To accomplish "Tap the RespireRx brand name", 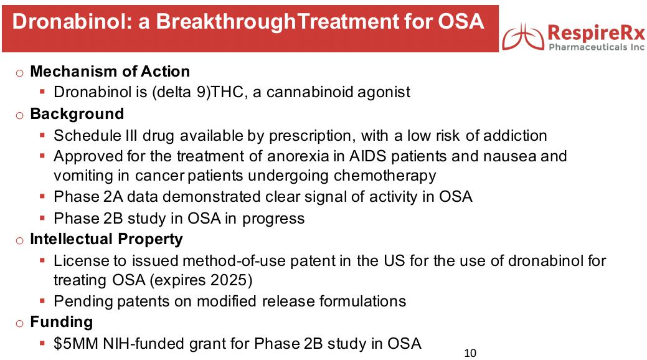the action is tap(596, 32).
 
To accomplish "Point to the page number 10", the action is tap(470, 353).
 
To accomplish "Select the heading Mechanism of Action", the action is tap(110, 72).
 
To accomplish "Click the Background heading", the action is tap(77, 113).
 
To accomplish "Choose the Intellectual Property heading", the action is tap(106, 239).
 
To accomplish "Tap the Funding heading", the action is tap(62, 322).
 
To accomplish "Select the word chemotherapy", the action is tap(385, 176).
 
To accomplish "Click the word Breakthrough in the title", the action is tap(226, 22).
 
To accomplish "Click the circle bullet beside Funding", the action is tap(19, 323).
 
